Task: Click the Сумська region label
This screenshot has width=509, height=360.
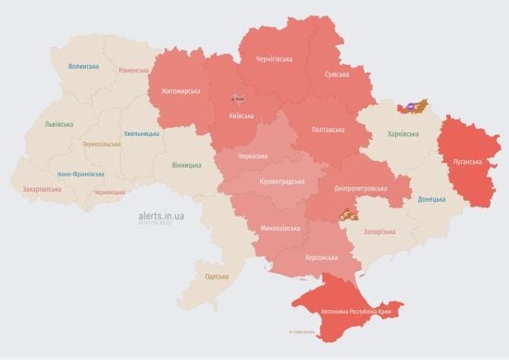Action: [x=337, y=74]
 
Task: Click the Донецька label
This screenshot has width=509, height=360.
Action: [x=430, y=199]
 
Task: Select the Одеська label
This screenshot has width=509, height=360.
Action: [x=217, y=277]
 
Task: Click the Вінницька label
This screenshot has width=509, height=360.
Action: [x=186, y=165]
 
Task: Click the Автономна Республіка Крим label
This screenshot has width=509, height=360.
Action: [x=357, y=313]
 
